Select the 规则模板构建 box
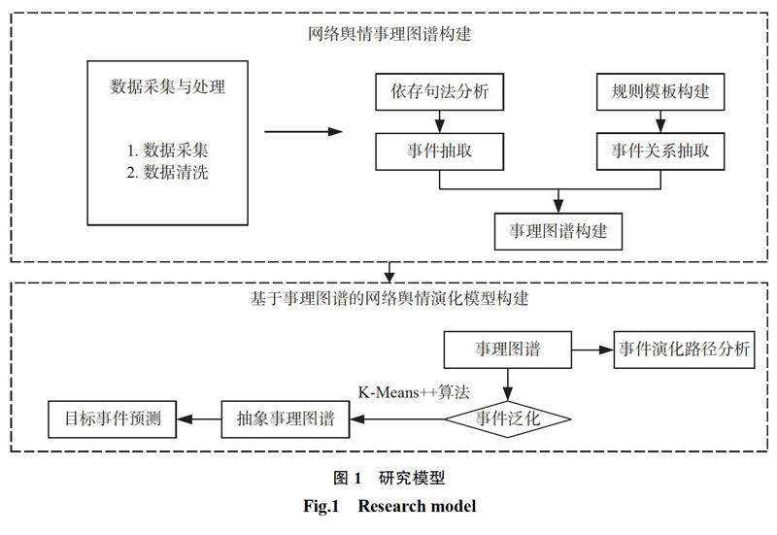click(659, 95)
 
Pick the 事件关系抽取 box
click(659, 151)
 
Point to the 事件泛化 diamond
click(508, 419)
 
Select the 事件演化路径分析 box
click(684, 350)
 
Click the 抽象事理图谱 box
click(286, 419)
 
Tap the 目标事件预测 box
click(114, 419)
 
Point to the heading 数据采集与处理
click(168, 87)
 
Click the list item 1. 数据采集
click(169, 151)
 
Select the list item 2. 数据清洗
click(169, 174)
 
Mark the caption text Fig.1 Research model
click(388, 506)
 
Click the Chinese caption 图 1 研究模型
click(388, 478)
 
